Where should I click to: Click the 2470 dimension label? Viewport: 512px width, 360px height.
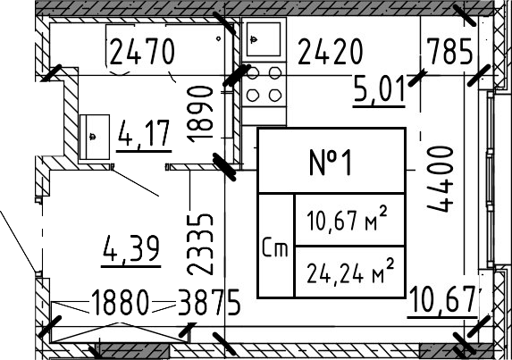142,51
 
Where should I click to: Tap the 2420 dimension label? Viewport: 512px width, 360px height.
330,51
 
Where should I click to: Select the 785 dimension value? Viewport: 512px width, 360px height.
449,51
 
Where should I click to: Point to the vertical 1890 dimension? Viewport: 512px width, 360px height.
200,114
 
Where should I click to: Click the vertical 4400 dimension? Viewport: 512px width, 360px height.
441,179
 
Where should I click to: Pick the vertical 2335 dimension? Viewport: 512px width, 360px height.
200,244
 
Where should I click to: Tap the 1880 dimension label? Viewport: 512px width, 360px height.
120,303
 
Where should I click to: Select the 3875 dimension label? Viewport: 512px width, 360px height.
209,303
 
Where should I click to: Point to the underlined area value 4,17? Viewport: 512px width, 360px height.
144,136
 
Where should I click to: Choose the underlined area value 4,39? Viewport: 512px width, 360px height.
131,251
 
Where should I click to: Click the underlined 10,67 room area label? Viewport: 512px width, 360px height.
443,302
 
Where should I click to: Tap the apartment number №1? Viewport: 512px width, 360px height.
331,163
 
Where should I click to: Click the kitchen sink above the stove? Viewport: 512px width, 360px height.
264,39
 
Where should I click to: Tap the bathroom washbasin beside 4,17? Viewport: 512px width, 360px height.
95,137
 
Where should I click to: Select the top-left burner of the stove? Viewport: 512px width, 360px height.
253,73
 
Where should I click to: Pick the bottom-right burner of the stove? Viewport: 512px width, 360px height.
275,96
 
